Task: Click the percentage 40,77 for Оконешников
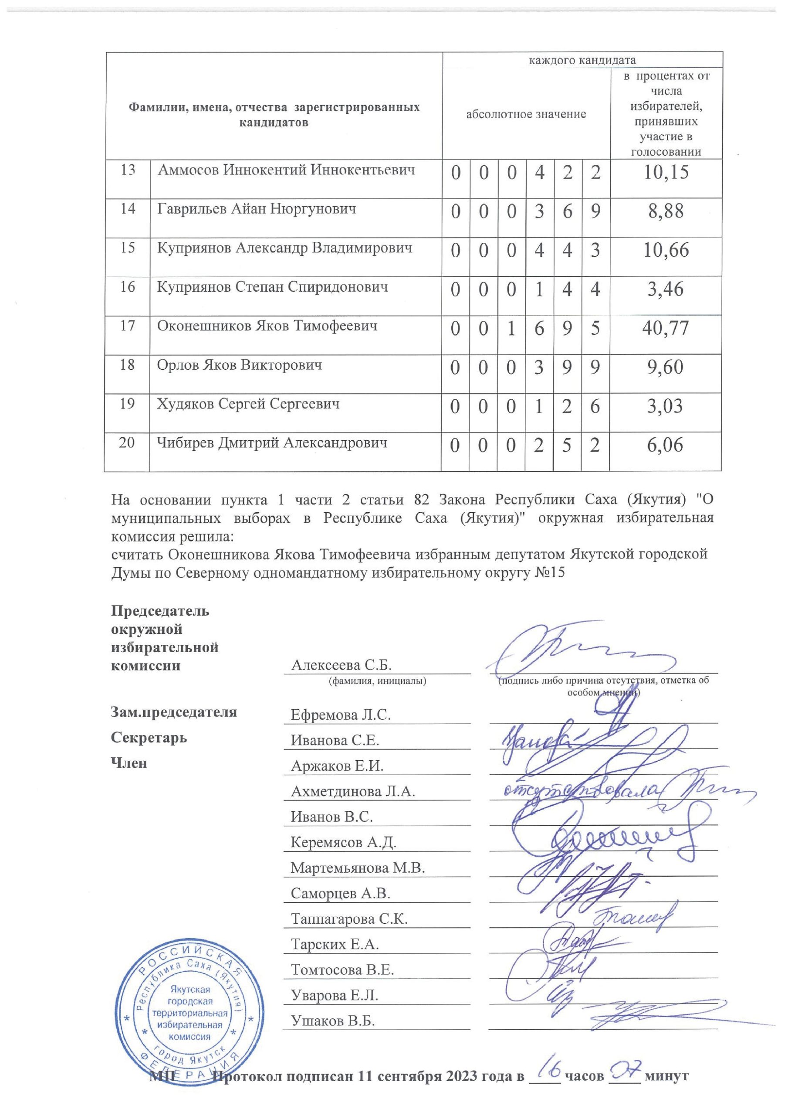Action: click(665, 329)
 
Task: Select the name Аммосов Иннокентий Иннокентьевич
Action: click(286, 170)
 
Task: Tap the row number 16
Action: click(127, 287)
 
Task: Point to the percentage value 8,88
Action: click(666, 211)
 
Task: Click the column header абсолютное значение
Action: click(526, 114)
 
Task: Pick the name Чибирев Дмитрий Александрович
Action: click(272, 443)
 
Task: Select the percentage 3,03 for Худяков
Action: click(665, 406)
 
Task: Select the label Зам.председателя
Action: click(174, 713)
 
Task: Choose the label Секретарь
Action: click(149, 738)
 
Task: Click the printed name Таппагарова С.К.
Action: click(349, 919)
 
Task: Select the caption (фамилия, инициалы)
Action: click(378, 681)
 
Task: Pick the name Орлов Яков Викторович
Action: click(240, 365)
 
